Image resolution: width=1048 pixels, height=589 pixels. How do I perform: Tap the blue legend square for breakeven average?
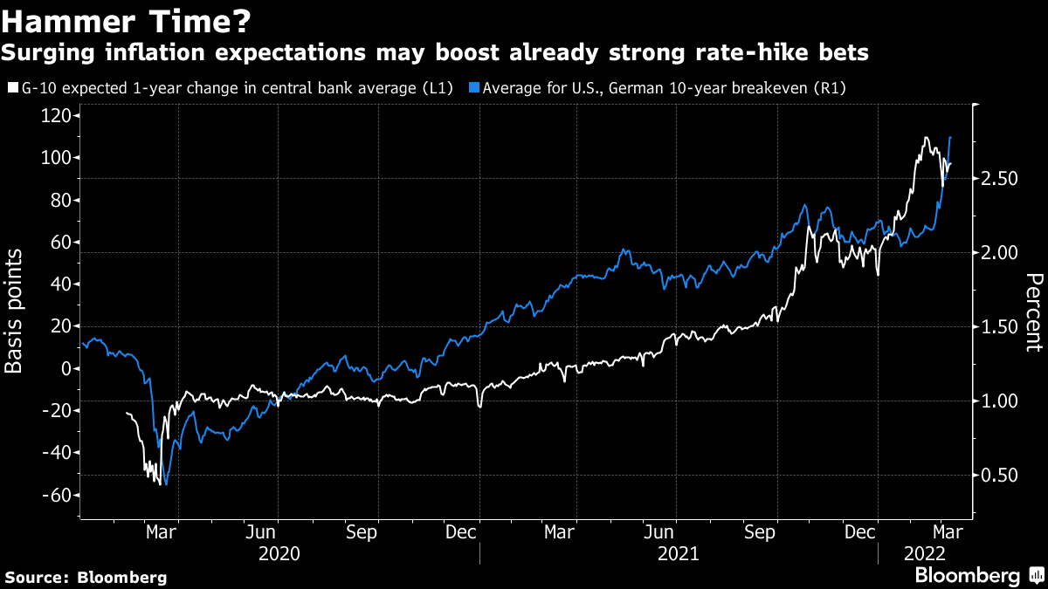[474, 87]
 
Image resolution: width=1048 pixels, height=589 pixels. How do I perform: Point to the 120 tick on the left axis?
[59, 115]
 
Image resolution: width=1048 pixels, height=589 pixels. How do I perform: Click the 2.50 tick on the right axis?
[999, 179]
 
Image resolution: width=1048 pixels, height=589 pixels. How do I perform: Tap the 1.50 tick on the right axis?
[999, 327]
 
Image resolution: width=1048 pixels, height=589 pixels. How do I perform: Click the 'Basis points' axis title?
[15, 311]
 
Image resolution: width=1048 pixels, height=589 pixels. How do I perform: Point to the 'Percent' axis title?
[1033, 312]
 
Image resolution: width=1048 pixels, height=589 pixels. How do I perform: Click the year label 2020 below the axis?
[279, 554]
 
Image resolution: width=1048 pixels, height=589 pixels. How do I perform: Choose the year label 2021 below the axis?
[678, 554]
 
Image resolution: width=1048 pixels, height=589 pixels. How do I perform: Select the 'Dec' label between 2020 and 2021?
[461, 531]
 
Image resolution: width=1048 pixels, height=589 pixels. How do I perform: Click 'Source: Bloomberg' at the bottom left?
[86, 577]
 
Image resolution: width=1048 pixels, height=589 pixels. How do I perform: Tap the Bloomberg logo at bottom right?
[977, 576]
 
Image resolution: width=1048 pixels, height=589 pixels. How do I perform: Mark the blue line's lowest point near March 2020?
[165, 483]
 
